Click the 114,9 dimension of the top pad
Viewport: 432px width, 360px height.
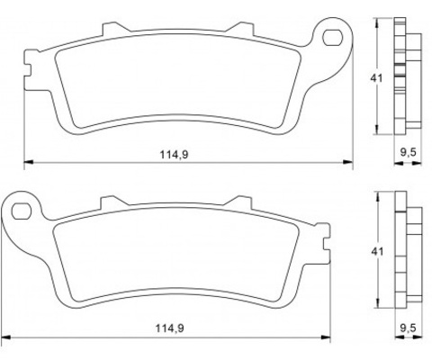[174, 155]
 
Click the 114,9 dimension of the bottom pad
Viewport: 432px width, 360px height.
[169, 328]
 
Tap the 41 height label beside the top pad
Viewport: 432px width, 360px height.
[376, 78]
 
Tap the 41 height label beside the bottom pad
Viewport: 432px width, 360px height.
[377, 251]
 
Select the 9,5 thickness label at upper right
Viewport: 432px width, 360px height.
[409, 152]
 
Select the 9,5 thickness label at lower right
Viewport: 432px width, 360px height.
[409, 328]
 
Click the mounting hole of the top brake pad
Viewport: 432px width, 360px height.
[332, 38]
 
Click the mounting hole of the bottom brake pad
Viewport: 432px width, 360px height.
[22, 211]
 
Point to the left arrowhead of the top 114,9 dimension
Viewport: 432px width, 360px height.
[29, 162]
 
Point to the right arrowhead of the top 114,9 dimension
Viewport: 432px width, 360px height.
[348, 162]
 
